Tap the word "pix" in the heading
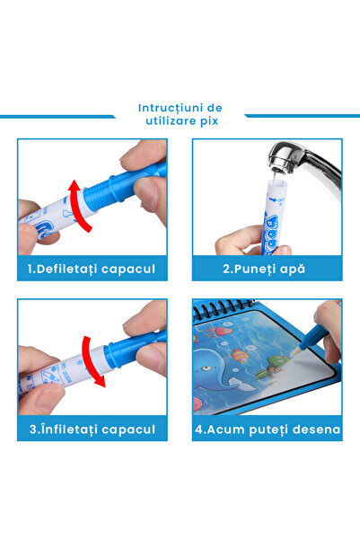coord(209,121)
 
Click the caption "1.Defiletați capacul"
coord(92,269)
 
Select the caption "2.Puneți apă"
coord(264,269)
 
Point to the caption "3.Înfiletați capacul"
coord(92,429)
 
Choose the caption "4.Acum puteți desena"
coord(268,429)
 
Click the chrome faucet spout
coord(303,162)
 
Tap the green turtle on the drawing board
coord(274,366)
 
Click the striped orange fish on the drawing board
coord(240,355)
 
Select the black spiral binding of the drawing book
coord(224,308)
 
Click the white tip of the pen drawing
coord(295,352)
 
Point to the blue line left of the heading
coord(57,117)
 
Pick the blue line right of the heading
coord(303,116)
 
